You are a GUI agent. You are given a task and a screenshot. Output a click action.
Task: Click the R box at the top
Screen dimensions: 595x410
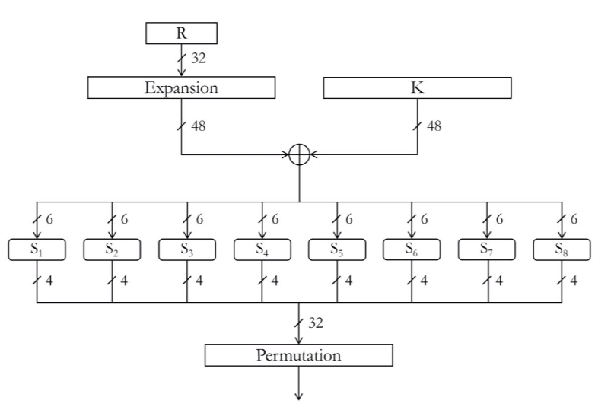pos(181,33)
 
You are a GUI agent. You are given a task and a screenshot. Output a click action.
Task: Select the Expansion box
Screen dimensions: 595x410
pos(181,87)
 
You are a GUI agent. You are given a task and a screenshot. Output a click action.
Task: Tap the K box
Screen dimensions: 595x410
pos(418,87)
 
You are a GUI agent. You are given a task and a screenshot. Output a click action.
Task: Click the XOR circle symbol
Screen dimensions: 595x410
pos(299,154)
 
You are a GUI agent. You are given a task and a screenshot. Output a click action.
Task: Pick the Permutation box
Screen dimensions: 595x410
pos(298,355)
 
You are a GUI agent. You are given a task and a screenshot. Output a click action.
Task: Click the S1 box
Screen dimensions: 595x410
pos(37,249)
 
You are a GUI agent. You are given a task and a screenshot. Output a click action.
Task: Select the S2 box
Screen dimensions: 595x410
pos(112,249)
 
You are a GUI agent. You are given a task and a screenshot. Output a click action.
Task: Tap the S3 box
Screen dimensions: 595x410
pos(187,249)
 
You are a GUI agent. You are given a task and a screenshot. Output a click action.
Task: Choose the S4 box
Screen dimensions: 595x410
pos(262,249)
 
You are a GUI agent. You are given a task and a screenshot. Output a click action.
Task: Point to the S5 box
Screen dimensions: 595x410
pos(337,249)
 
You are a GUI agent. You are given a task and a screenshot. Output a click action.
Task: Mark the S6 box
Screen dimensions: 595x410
pos(412,249)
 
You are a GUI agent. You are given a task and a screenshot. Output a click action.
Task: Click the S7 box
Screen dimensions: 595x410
pos(487,249)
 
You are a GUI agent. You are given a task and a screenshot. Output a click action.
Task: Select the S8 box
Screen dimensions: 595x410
pos(562,249)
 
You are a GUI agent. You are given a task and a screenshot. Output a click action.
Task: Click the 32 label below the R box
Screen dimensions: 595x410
pos(199,58)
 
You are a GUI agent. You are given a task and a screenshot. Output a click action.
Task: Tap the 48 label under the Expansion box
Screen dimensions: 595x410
pos(199,126)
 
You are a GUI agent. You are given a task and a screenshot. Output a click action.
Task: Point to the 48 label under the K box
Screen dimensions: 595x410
pos(434,126)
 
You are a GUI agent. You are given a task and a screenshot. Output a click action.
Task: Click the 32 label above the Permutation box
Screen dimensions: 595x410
pos(316,323)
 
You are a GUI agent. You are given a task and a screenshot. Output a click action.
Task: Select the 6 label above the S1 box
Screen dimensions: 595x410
pos(49,219)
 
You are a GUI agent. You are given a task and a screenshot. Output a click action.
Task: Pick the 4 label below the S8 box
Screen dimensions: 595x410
pos(574,281)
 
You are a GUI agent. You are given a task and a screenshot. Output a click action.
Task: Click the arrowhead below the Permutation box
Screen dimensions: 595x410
pos(299,397)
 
